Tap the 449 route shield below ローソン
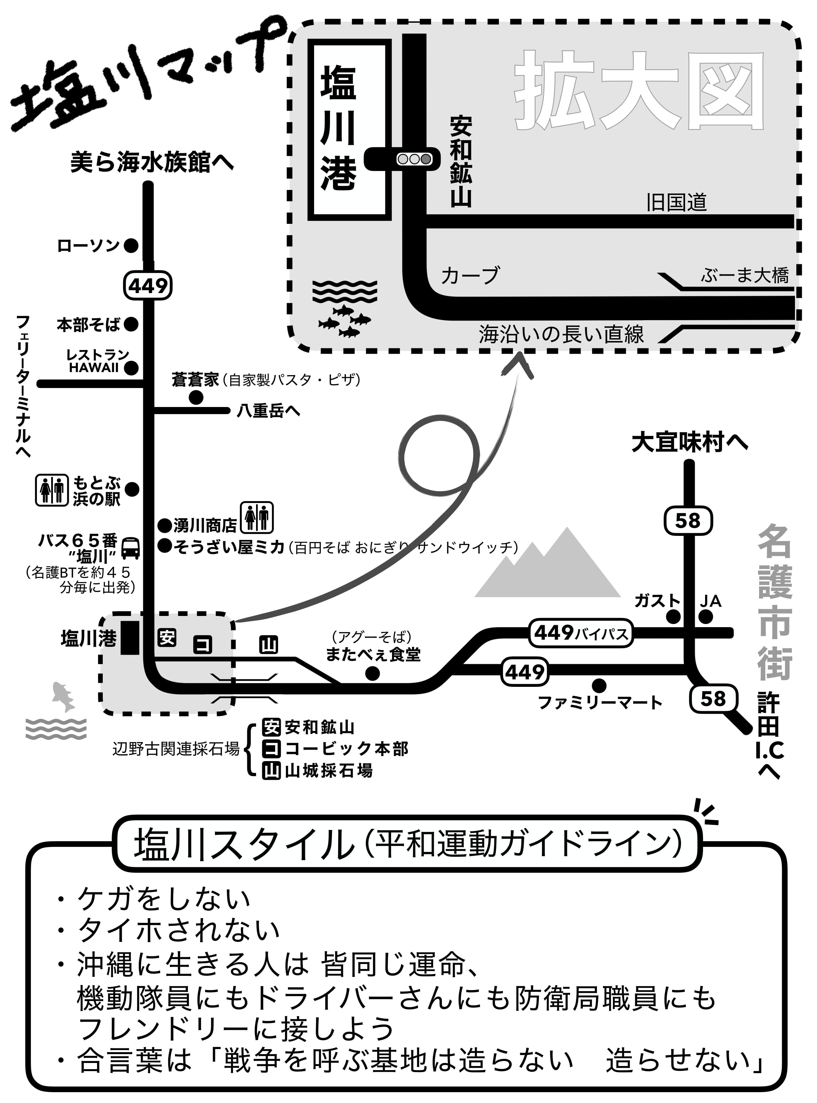click(x=148, y=285)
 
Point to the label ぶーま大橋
click(x=745, y=275)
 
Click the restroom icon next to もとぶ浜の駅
click(x=52, y=490)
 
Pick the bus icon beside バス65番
click(x=131, y=547)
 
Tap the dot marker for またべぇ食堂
click(x=372, y=673)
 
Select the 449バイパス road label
click(x=581, y=633)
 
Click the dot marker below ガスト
click(x=673, y=617)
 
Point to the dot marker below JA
click(x=706, y=617)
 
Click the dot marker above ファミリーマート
click(x=599, y=685)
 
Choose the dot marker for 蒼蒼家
click(x=196, y=397)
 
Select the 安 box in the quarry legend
click(x=271, y=728)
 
